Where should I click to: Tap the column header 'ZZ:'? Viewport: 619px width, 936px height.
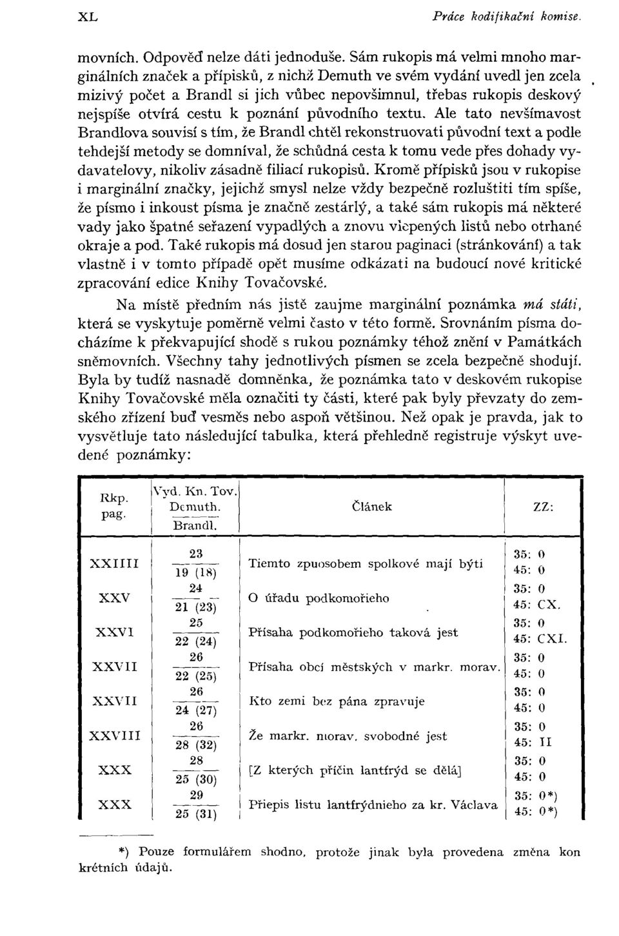[x=542, y=507]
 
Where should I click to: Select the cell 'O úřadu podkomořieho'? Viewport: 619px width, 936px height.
[x=319, y=598]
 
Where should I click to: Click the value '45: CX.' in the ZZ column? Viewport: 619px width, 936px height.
[x=538, y=605]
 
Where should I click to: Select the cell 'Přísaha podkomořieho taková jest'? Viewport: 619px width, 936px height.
[x=353, y=632]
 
